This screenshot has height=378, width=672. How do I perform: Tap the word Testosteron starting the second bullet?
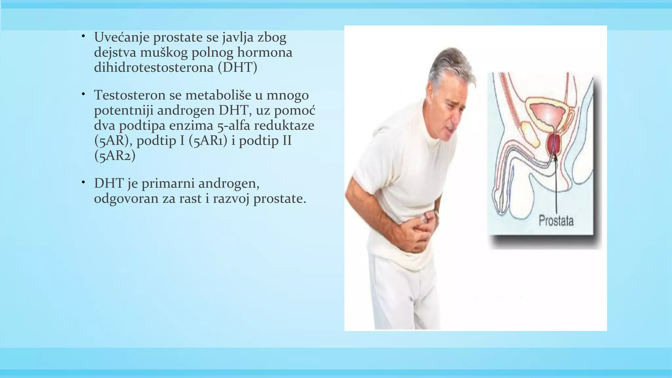[x=130, y=95]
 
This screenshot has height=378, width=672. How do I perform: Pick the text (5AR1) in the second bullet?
[x=208, y=141]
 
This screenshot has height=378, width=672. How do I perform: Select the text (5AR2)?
[x=115, y=156]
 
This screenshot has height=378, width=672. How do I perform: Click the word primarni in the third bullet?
[x=168, y=183]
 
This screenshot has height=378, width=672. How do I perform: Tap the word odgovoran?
[x=126, y=199]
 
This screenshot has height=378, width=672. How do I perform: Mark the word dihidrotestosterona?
[x=154, y=68]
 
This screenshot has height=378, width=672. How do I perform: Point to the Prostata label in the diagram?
[x=556, y=220]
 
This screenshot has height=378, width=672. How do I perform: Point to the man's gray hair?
[x=446, y=66]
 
